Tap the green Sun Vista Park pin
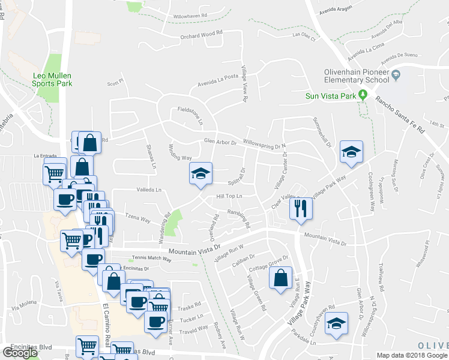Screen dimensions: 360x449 click(x=363, y=95)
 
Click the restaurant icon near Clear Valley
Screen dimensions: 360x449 click(x=301, y=209)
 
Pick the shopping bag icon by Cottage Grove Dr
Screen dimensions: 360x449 click(x=280, y=278)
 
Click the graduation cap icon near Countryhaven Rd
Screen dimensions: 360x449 click(x=337, y=323)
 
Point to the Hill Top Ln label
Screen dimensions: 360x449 click(x=229, y=196)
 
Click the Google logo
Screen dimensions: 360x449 click(x=19, y=352)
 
